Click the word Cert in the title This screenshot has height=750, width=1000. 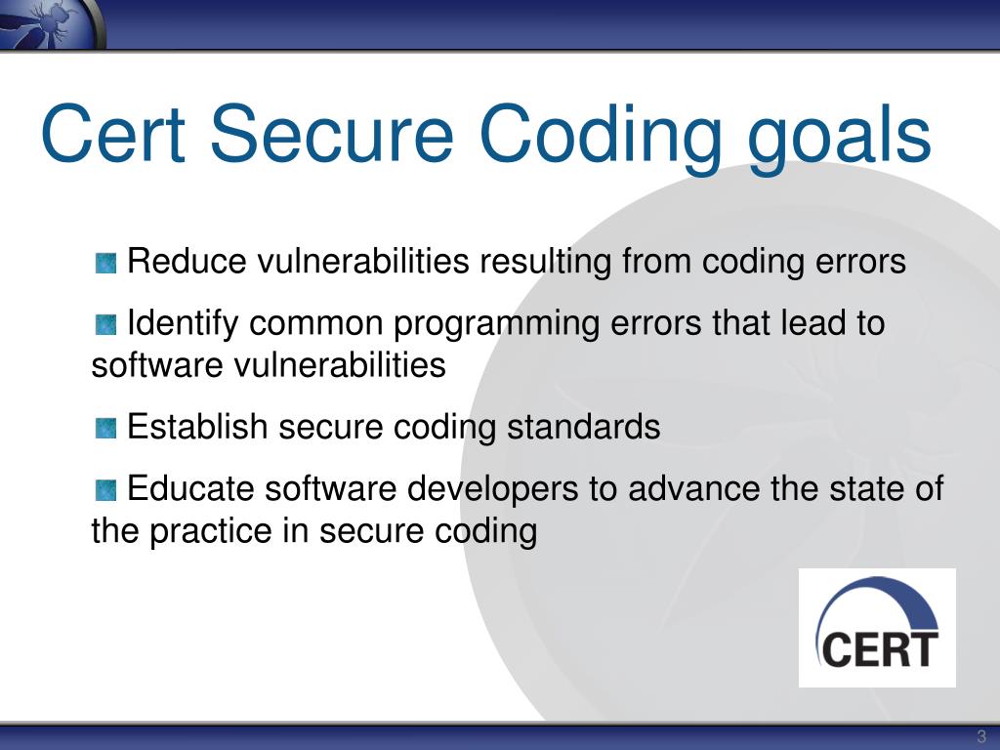tap(113, 135)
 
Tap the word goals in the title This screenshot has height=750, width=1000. tap(841, 137)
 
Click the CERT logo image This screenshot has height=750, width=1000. tap(877, 628)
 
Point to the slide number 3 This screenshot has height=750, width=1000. tap(981, 737)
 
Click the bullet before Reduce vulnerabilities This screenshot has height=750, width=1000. tap(106, 263)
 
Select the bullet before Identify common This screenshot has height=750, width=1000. tap(106, 323)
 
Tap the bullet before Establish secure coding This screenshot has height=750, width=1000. tap(106, 428)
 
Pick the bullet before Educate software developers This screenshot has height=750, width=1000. tap(106, 489)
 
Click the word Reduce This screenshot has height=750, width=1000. tap(187, 262)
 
